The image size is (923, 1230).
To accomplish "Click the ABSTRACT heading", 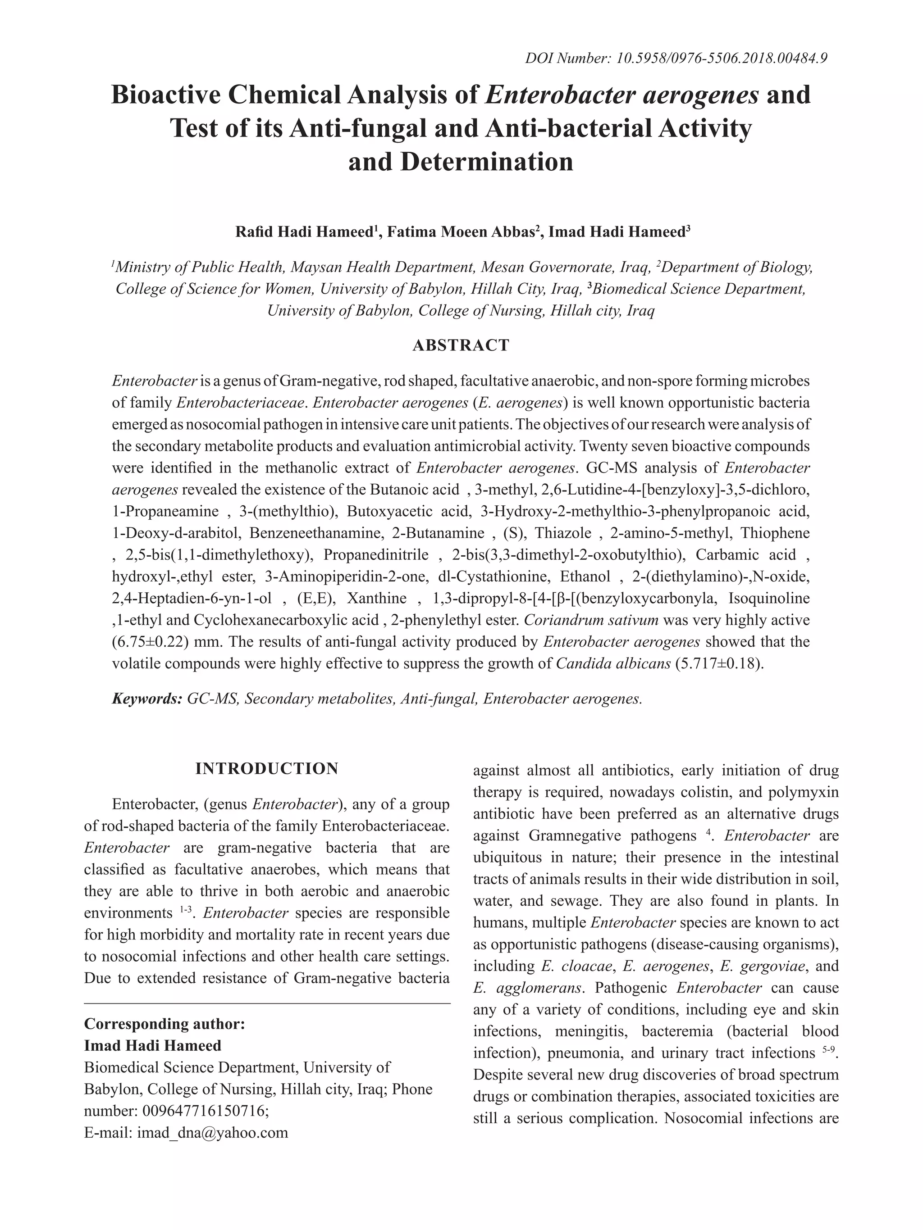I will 461,345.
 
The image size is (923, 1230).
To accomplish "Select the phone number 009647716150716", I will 204,1111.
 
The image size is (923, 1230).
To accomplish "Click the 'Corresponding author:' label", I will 164,1024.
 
